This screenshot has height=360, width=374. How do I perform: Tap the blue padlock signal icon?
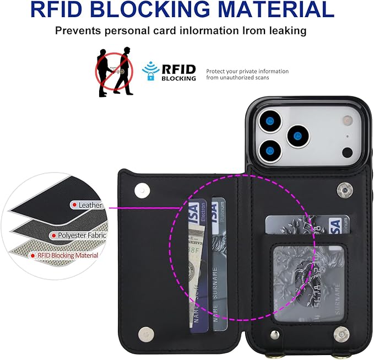click(149, 72)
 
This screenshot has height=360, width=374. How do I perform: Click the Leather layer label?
click(90, 205)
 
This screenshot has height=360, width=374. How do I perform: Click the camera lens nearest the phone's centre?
click(299, 135)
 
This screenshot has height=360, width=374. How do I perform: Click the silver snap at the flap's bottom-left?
click(146, 333)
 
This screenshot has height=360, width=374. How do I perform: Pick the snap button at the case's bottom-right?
click(342, 333)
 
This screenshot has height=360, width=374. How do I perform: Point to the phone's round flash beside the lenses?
click(346, 152)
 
